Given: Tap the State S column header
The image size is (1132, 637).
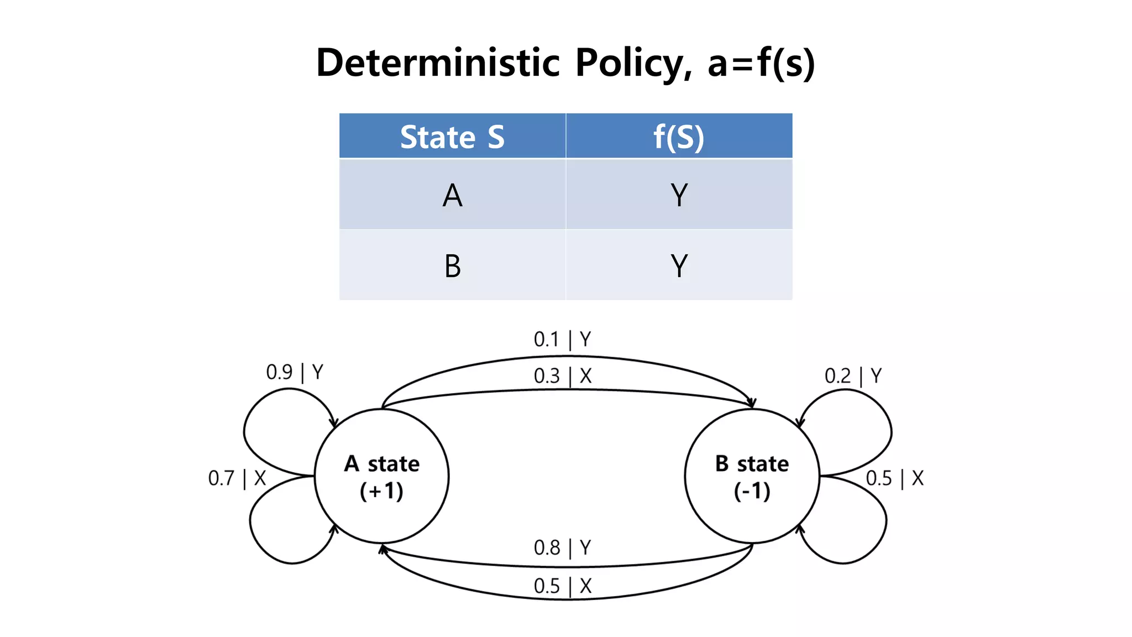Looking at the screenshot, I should pyautogui.click(x=452, y=137).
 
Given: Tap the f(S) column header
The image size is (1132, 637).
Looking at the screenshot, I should pyautogui.click(x=679, y=137).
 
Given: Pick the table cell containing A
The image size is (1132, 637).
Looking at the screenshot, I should pyautogui.click(x=452, y=195).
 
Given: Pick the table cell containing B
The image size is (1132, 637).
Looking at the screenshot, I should pyautogui.click(x=452, y=266).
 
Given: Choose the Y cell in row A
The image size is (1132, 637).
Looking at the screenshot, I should pyautogui.click(x=679, y=195).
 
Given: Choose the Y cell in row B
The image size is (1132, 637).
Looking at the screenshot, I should pyautogui.click(x=679, y=266).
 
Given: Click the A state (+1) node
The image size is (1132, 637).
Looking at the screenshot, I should pyautogui.click(x=381, y=476).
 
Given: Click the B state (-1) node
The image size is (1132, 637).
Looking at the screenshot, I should pyautogui.click(x=752, y=476).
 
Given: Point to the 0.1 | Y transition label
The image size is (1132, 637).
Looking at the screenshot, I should pyautogui.click(x=562, y=339).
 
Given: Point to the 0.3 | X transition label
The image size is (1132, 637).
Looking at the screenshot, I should pyautogui.click(x=562, y=376).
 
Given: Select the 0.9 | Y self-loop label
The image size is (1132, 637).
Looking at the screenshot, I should pyautogui.click(x=295, y=372).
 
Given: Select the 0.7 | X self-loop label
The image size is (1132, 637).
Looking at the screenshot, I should pyautogui.click(x=237, y=478).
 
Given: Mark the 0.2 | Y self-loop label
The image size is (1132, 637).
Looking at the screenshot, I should pyautogui.click(x=853, y=376).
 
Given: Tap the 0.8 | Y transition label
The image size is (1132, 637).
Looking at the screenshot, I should pyautogui.click(x=562, y=548).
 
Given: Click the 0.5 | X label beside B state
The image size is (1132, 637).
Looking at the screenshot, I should pyautogui.click(x=894, y=478).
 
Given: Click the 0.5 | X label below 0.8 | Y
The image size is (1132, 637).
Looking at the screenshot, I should pyautogui.click(x=562, y=586).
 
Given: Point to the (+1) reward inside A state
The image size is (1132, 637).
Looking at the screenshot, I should pyautogui.click(x=381, y=491).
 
